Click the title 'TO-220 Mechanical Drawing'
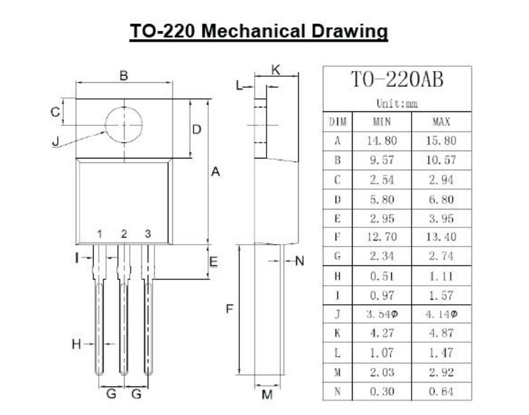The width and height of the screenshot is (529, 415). click(x=259, y=30)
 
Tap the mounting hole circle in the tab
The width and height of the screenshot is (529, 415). click(x=124, y=125)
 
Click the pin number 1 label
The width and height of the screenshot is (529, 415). click(x=99, y=234)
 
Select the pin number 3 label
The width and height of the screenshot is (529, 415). click(x=148, y=234)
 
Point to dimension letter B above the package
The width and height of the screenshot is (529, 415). click(x=124, y=76)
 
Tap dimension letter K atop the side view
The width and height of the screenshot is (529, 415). click(x=276, y=70)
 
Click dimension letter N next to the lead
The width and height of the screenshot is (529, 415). click(x=299, y=261)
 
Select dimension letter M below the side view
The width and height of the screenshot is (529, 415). click(x=267, y=396)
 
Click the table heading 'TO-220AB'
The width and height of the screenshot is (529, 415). click(x=396, y=81)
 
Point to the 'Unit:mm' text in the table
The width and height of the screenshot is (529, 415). click(x=396, y=104)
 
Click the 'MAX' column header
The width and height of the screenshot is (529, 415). click(x=441, y=122)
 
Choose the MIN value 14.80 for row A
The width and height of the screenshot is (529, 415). click(x=382, y=141)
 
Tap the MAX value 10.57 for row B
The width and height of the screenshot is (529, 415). click(x=441, y=160)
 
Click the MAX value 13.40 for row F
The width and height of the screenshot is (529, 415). click(x=441, y=237)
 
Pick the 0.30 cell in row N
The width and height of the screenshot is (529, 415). click(x=382, y=391)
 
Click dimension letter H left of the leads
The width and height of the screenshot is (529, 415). click(x=77, y=344)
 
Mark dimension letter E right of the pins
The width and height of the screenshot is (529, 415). click(x=213, y=263)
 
